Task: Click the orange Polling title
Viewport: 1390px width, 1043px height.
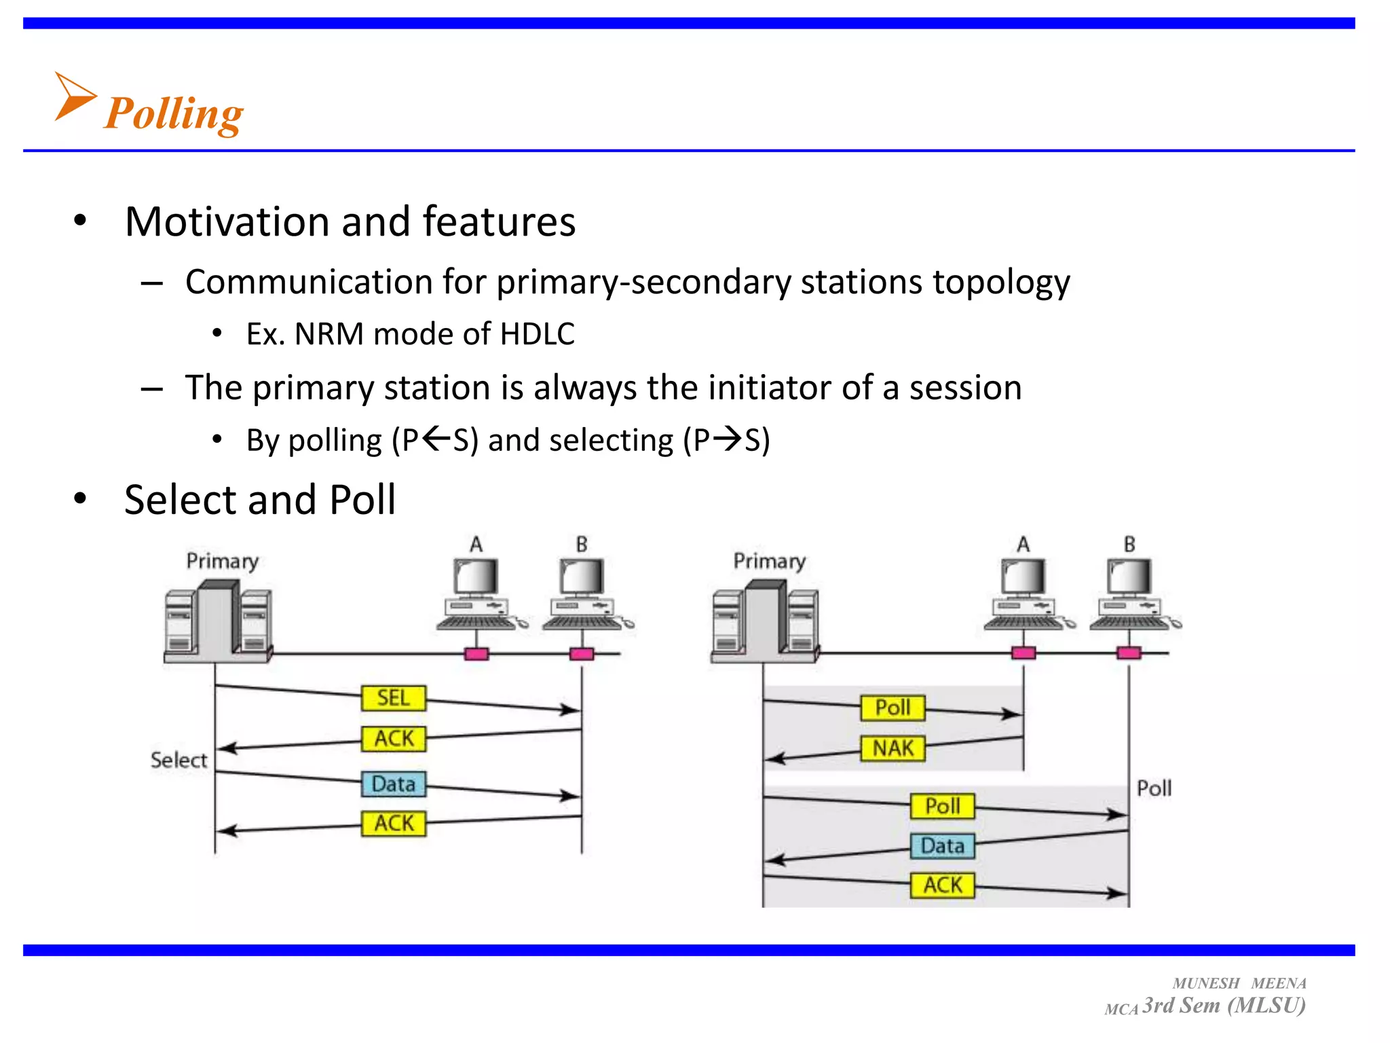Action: (x=174, y=113)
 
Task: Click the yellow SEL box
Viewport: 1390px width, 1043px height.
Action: (x=394, y=698)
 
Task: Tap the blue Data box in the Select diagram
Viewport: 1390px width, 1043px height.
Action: (x=394, y=784)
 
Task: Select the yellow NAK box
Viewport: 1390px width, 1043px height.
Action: (x=893, y=748)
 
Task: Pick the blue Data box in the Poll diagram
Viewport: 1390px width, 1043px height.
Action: (x=942, y=846)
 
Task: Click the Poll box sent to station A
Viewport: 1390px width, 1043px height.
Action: (x=893, y=708)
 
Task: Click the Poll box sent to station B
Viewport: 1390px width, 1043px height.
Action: (x=942, y=806)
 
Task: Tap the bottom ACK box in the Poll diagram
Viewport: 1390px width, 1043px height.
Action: (x=942, y=885)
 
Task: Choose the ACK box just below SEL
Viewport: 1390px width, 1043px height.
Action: (x=394, y=738)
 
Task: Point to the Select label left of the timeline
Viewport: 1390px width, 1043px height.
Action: (x=179, y=760)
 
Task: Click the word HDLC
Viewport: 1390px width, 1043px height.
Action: (x=537, y=334)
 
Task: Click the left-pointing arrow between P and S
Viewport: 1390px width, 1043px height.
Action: (x=436, y=439)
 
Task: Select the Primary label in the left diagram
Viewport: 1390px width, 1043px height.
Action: (x=222, y=562)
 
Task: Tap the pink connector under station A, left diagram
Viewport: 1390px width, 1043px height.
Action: (x=476, y=654)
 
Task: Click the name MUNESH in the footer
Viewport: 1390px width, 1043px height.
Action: (x=1205, y=983)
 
